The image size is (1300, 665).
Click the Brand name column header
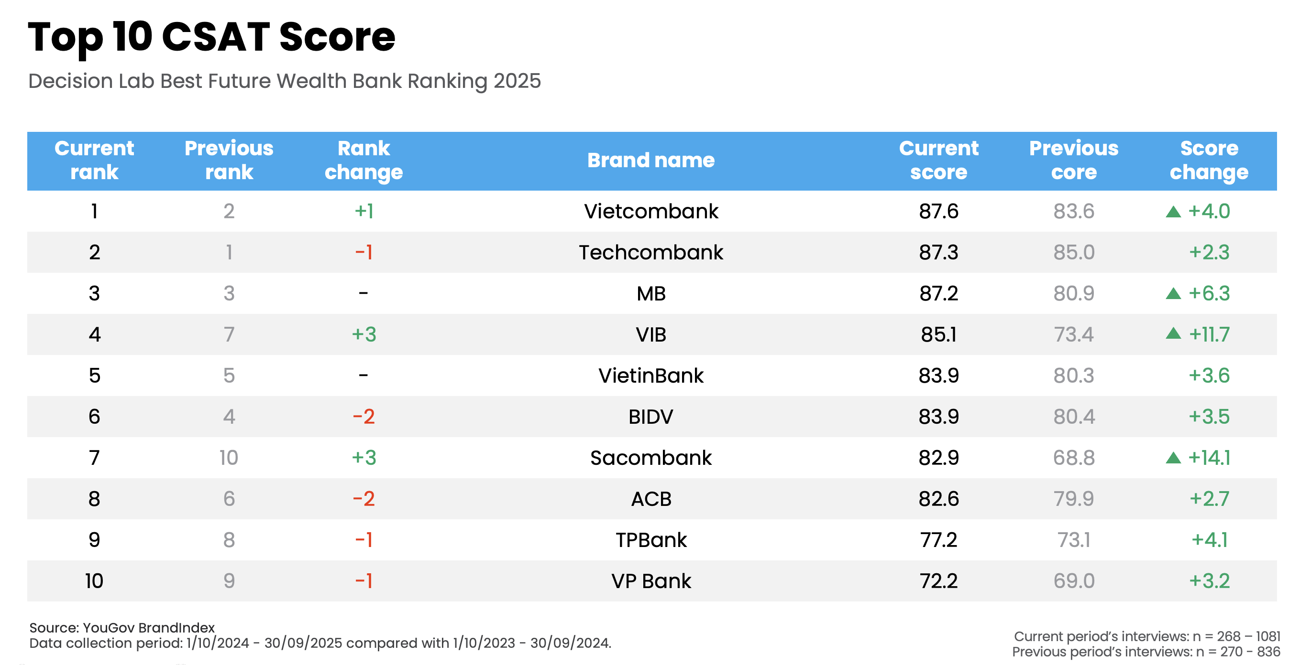pyautogui.click(x=650, y=161)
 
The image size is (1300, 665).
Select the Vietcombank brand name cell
pyautogui.click(x=650, y=211)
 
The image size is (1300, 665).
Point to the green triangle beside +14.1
pyautogui.click(x=1173, y=458)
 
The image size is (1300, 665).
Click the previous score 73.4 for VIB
pyautogui.click(x=1073, y=334)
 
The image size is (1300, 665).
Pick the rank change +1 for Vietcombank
pyautogui.click(x=364, y=211)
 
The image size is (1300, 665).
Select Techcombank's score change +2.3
pyautogui.click(x=1209, y=252)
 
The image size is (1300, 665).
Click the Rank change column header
pyautogui.click(x=364, y=161)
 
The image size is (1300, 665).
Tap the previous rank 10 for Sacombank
pyautogui.click(x=229, y=458)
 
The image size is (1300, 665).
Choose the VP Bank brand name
pyautogui.click(x=650, y=581)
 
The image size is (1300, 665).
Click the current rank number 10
pyautogui.click(x=94, y=581)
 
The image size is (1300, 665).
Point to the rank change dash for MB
pyautogui.click(x=364, y=293)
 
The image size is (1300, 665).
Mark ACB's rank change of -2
pyautogui.click(x=364, y=499)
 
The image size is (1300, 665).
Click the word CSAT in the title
pyautogui.click(x=216, y=37)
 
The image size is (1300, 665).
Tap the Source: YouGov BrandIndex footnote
pyautogui.click(x=122, y=628)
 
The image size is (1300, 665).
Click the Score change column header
pyautogui.click(x=1209, y=161)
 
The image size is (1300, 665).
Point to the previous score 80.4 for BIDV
pyautogui.click(x=1073, y=417)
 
